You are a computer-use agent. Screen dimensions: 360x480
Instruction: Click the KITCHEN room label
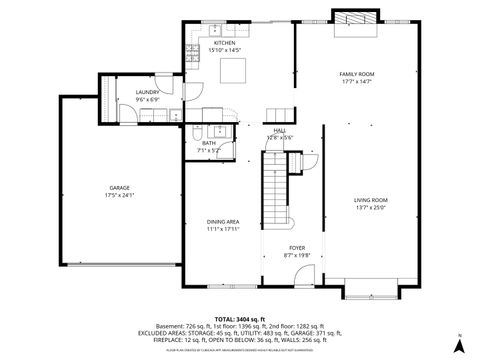[224, 43]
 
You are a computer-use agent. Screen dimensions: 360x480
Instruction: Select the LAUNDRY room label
[147, 92]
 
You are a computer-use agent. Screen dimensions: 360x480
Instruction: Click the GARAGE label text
[119, 187]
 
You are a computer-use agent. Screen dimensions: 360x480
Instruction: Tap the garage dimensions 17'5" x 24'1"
[119, 195]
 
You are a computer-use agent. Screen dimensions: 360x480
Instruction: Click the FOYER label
[297, 247]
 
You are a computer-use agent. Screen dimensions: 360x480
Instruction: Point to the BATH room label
[208, 142]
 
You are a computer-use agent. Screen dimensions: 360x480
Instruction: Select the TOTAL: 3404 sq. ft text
[238, 317]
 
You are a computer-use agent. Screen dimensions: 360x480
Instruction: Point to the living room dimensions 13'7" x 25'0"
[370, 208]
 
